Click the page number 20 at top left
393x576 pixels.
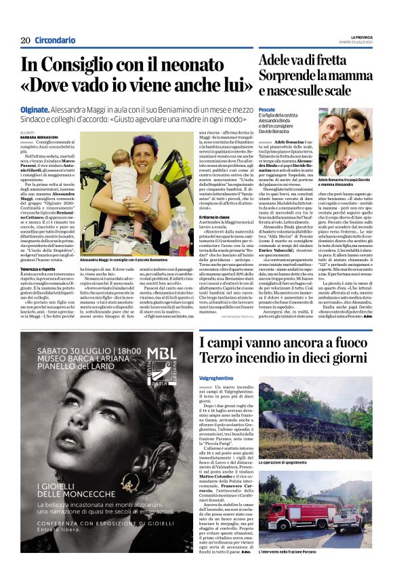point(26,40)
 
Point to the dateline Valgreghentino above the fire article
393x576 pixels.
point(220,358)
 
